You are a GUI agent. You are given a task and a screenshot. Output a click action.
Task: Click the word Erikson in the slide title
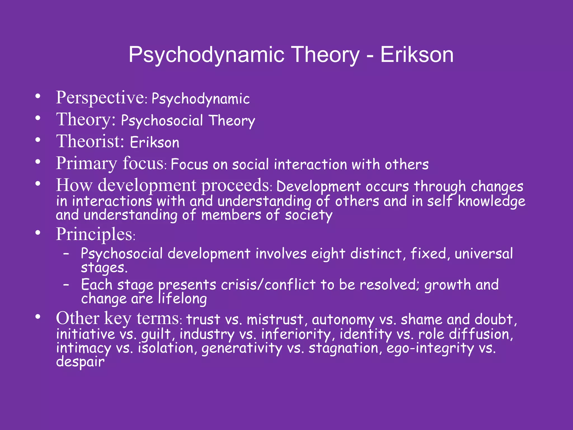(x=417, y=55)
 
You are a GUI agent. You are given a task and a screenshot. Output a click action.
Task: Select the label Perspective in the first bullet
(x=100, y=98)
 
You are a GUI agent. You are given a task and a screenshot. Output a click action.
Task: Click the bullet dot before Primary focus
(x=38, y=162)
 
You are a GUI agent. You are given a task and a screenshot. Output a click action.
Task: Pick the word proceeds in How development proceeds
(x=235, y=186)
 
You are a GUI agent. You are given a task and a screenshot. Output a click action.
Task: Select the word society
(x=308, y=216)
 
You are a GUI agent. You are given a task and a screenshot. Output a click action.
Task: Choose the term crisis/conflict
(x=268, y=285)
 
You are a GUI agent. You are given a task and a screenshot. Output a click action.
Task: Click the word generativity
(x=242, y=349)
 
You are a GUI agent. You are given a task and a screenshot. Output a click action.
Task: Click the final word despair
(x=80, y=362)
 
